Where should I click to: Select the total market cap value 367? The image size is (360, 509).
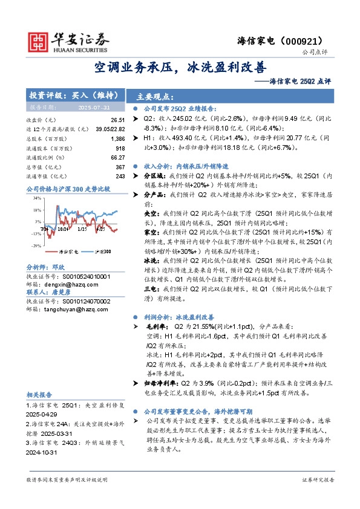[x=120, y=166]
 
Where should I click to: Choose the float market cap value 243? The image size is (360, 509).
[x=120, y=175]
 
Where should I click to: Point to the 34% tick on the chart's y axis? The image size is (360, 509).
[x=38, y=198]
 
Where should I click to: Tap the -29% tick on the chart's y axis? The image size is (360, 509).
[x=37, y=245]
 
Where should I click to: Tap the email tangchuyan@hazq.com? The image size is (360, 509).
[x=70, y=309]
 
